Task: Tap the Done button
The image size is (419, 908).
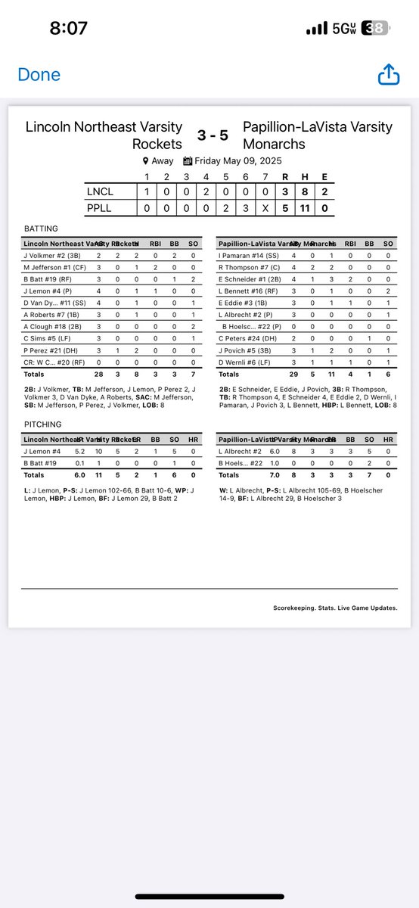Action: point(39,75)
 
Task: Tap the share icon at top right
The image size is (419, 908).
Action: point(387,75)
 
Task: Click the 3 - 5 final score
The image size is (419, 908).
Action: point(212,135)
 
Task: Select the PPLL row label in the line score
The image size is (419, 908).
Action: point(101,207)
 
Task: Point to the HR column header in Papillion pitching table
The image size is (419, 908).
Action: point(388,440)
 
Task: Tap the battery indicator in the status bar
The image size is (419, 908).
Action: point(376,29)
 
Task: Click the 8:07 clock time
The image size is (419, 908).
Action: point(69,29)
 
